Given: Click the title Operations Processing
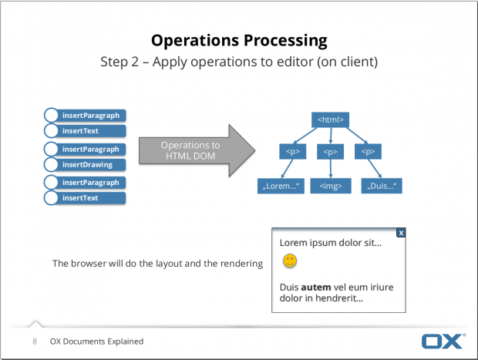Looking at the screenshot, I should tap(239, 40).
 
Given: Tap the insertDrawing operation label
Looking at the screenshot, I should tap(87, 164).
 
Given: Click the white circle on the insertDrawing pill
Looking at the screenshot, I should tap(51, 164).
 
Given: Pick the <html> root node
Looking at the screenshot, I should tap(330, 119).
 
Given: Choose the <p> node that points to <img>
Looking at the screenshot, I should tap(330, 152).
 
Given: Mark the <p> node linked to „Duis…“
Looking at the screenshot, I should tap(365, 152).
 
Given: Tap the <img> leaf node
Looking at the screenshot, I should tap(330, 186).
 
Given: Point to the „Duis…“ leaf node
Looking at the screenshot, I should tap(382, 186).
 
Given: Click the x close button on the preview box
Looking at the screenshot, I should tap(401, 232).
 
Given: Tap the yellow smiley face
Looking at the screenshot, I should tap(289, 262).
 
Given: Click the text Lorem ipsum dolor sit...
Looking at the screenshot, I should tap(330, 242).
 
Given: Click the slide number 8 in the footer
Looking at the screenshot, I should tap(35, 341).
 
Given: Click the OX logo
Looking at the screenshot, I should tap(443, 341).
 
